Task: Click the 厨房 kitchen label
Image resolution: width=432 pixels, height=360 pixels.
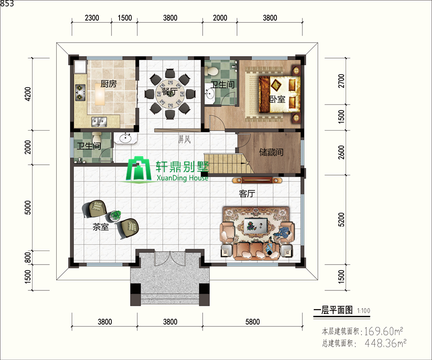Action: pyautogui.click(x=108, y=84)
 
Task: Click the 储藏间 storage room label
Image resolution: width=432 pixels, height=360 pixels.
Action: pyautogui.click(x=271, y=152)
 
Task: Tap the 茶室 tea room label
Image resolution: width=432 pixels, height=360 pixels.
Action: pyautogui.click(x=100, y=228)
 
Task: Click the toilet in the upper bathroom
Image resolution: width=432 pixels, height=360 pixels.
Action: pyautogui.click(x=212, y=71)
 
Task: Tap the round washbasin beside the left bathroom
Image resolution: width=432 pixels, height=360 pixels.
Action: pyautogui.click(x=126, y=138)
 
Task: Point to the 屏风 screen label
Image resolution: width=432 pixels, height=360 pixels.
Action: pyautogui.click(x=185, y=140)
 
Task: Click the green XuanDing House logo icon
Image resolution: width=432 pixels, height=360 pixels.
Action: pyautogui.click(x=139, y=169)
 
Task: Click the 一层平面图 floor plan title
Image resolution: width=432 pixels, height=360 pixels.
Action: pyautogui.click(x=333, y=311)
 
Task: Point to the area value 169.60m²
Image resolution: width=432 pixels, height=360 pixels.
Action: pyautogui.click(x=383, y=331)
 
